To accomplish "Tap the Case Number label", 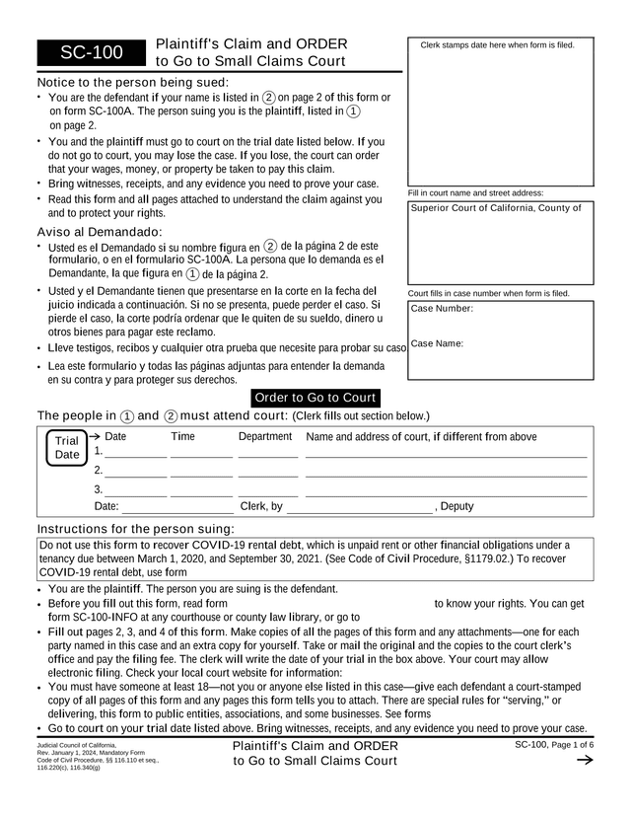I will (x=442, y=309).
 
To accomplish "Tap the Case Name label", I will (x=437, y=343).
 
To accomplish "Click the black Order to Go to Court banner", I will (x=315, y=398).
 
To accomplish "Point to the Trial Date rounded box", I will (x=67, y=448).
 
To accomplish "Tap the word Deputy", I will (x=456, y=507).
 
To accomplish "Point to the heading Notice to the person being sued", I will (x=132, y=82).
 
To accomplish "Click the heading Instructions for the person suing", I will (x=135, y=529).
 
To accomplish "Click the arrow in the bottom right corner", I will (x=583, y=761).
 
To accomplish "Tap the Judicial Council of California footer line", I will (x=76, y=744).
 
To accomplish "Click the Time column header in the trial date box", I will (x=182, y=436).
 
